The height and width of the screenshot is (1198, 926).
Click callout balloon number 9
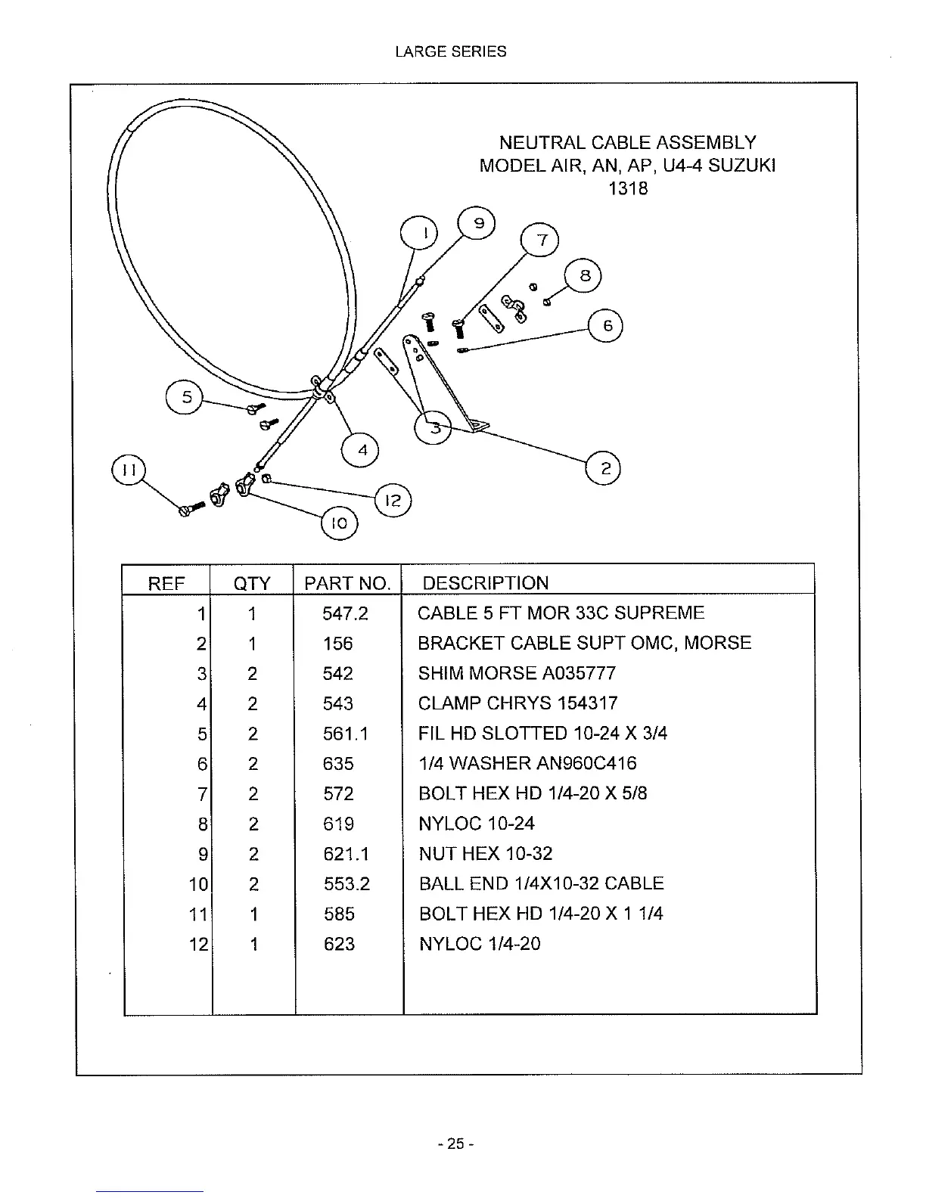(x=478, y=224)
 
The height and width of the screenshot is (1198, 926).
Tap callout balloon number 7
(x=540, y=241)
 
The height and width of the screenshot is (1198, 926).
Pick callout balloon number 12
(x=393, y=500)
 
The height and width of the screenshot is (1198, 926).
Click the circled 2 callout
(x=604, y=469)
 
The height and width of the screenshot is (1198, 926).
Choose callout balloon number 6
(x=605, y=326)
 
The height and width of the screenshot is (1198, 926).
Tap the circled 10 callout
(x=339, y=523)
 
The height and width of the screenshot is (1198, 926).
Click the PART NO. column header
(x=347, y=583)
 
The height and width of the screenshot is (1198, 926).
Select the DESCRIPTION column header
(x=485, y=583)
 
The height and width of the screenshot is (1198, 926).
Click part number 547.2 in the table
(x=345, y=613)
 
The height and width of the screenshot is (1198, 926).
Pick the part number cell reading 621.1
(x=346, y=854)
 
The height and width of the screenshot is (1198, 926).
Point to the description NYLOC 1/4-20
(x=480, y=944)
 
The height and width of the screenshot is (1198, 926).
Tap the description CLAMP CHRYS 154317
(x=517, y=703)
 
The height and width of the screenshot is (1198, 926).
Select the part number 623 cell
(x=338, y=944)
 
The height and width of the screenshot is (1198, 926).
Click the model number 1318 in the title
(x=628, y=188)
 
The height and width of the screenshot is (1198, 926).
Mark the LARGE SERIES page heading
(x=451, y=52)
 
